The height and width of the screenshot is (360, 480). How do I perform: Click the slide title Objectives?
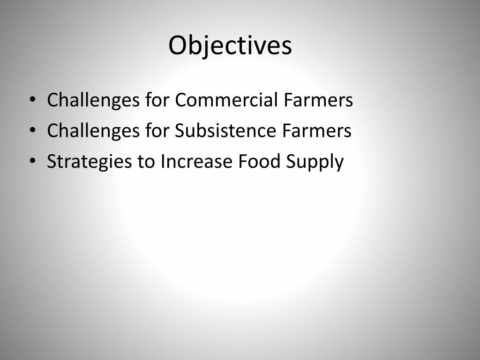pos(230,45)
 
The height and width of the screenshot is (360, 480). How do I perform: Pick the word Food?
pos(257,162)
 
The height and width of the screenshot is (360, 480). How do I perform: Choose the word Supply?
pos(315,163)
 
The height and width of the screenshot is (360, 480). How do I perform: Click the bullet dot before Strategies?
pos(32,162)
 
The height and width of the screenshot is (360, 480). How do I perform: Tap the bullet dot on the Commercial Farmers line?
pos(32,100)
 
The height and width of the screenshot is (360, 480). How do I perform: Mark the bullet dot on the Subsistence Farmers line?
pos(32,131)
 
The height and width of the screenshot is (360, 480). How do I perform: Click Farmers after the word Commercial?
pos(318,100)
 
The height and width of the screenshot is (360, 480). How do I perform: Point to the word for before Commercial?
pos(157,100)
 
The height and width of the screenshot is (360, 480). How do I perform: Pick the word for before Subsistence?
pos(157,131)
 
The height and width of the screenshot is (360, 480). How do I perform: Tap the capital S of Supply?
pos(291,162)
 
